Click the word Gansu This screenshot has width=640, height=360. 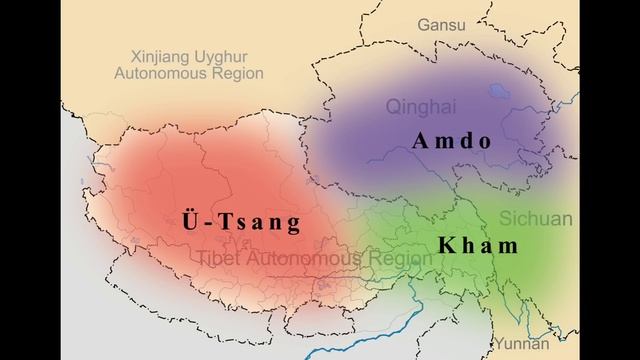tap(442, 23)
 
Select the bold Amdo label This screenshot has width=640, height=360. tap(452, 141)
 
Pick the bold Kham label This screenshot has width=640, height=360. tap(478, 245)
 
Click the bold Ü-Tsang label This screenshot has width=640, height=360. tap(242, 221)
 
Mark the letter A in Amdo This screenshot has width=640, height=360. tap(420, 141)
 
